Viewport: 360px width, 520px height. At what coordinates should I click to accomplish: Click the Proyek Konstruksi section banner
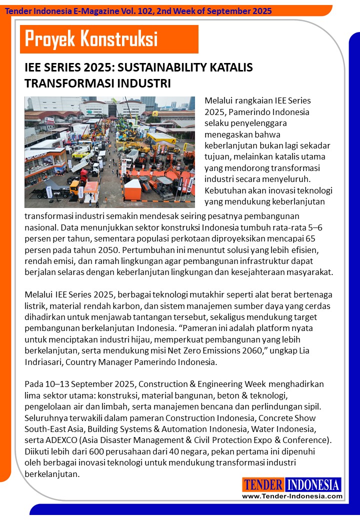[109, 39]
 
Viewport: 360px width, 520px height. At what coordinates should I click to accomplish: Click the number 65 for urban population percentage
[323, 237]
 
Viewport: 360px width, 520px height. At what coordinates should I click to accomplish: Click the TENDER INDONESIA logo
[292, 484]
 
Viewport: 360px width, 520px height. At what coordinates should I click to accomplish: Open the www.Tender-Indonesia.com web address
[292, 496]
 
